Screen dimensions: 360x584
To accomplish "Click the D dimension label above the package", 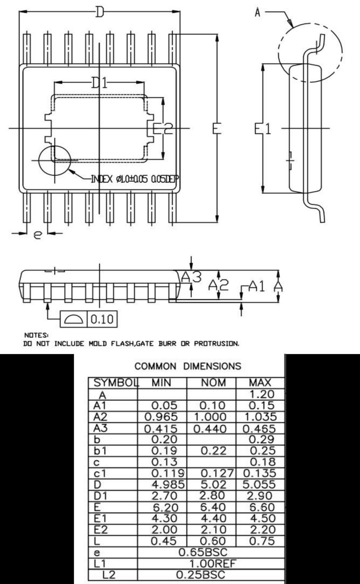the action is coord(99,12).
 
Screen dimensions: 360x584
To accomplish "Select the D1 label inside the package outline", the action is coord(99,83).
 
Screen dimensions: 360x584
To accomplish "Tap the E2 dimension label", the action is coord(163,128).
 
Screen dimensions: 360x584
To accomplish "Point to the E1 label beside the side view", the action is coord(263,128).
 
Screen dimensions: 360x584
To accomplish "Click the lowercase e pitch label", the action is coord(38,235).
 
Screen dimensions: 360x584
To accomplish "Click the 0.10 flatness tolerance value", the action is coord(102,319).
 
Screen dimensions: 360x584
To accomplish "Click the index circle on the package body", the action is coord(54,145).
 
